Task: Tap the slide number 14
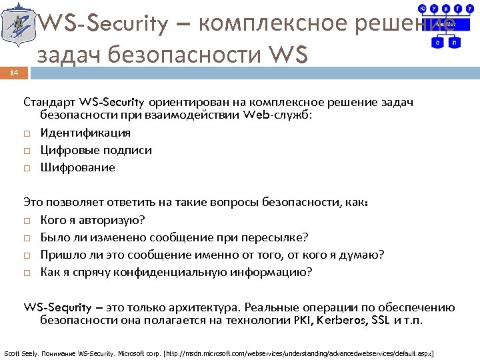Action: (x=15, y=75)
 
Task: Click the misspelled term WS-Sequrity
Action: (x=56, y=307)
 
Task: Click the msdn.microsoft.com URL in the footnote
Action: (x=293, y=352)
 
